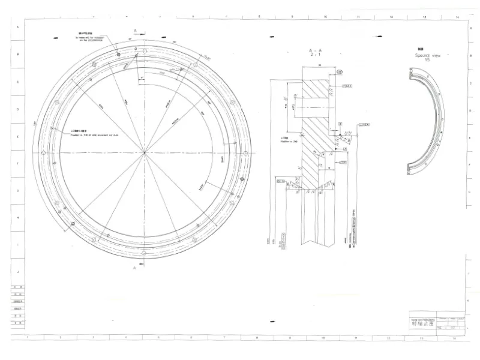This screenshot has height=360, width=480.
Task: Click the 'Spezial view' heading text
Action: click(x=428, y=54)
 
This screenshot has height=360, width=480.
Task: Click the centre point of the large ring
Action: click(x=144, y=152)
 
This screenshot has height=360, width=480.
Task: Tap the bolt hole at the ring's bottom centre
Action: click(x=144, y=255)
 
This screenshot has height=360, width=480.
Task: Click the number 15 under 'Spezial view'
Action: click(x=427, y=60)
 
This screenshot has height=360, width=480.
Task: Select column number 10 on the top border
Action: click(x=325, y=17)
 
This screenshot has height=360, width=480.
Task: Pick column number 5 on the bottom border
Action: click(x=159, y=338)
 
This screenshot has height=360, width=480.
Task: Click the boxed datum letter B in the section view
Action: click(x=340, y=122)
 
